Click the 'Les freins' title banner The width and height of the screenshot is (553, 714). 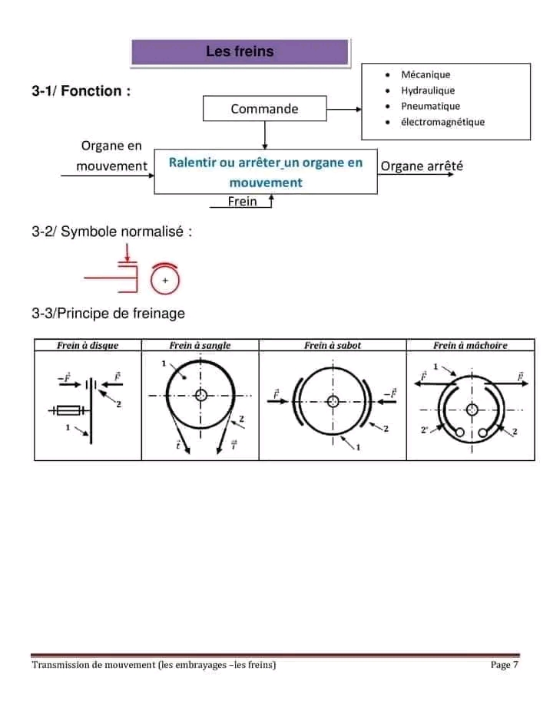coord(240,52)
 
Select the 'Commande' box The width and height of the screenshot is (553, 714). coord(264,108)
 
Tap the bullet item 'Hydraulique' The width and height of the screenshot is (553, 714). coord(428,90)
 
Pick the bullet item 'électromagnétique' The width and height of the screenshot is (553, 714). coord(442,122)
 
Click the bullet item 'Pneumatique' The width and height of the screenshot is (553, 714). coord(430,106)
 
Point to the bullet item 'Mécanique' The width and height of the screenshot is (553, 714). coord(426,74)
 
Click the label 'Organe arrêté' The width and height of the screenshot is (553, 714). coord(422,166)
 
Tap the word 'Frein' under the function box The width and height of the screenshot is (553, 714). coord(243,202)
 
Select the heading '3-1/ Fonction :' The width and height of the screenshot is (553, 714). coord(81,91)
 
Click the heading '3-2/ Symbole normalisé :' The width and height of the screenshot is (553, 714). coord(111,232)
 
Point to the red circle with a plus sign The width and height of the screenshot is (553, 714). coord(165,281)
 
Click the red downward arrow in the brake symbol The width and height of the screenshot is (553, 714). coord(127,252)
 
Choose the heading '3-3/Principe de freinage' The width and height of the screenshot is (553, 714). coord(108,313)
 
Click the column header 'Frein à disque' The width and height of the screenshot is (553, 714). coord(88,345)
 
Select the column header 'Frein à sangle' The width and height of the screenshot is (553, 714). coord(200,345)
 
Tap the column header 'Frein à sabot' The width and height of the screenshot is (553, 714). coord(333,345)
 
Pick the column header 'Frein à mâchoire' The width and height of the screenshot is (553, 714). coord(470,345)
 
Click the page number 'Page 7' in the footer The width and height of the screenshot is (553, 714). coord(505,664)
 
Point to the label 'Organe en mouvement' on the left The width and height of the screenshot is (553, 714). coord(111,156)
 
